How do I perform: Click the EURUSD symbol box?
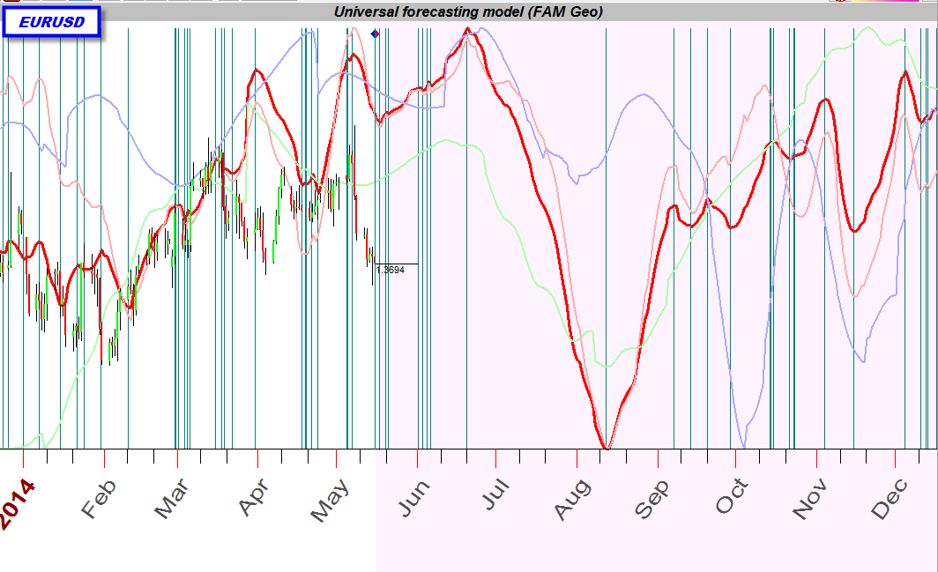point(52,21)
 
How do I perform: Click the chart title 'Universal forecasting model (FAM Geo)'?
point(468,11)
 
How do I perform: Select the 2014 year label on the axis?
point(19,504)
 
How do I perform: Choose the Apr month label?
point(252,499)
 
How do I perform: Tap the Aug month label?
point(572,499)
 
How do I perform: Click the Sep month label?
point(652,499)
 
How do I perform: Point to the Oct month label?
point(732,497)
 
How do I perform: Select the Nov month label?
point(810,499)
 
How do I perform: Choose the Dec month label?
point(890,498)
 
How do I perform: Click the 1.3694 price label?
point(390,270)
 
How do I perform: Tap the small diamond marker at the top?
point(376,33)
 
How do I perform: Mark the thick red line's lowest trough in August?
point(606,449)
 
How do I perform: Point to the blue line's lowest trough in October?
point(744,446)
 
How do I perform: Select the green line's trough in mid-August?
point(606,366)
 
